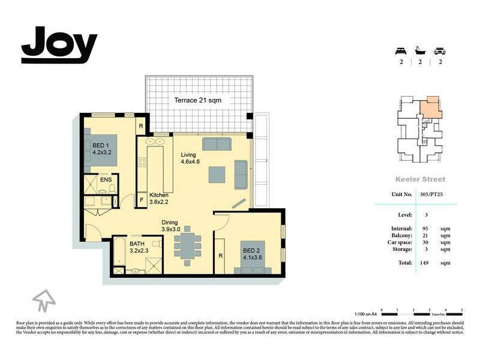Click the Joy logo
pos(59,45)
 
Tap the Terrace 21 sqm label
pos(197,100)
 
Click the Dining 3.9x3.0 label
pos(173,226)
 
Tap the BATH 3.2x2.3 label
pos(142,247)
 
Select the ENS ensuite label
pos(106,179)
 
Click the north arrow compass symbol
pos(44,299)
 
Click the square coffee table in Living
pos(217,174)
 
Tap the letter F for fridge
pos(142,199)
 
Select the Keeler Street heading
pos(420,179)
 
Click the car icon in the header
pos(440,50)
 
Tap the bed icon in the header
pos(400,50)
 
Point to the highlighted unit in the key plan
pos(429,109)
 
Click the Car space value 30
pos(426,244)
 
